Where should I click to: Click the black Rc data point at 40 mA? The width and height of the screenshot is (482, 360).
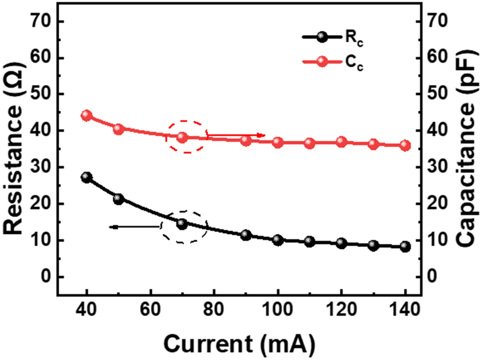click(x=87, y=177)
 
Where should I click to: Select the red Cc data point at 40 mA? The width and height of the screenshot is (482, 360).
click(x=87, y=116)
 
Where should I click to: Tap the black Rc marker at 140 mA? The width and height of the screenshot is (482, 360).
click(x=405, y=247)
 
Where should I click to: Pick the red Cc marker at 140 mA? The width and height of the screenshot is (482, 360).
click(x=405, y=145)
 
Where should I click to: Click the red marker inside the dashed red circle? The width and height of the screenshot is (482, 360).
click(x=182, y=137)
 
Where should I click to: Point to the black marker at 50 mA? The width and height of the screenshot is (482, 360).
click(x=118, y=199)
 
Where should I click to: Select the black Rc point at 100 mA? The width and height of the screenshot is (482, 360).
click(x=278, y=240)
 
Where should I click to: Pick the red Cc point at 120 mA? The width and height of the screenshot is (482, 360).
click(x=341, y=142)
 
